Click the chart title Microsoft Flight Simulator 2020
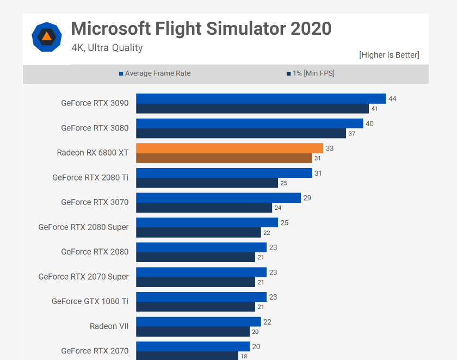pos(201,28)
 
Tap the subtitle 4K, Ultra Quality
pos(107,48)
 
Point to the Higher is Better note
pos(389,55)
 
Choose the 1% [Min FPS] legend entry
pos(310,73)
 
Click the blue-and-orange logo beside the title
pos(47,37)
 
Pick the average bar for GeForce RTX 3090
pos(261,98)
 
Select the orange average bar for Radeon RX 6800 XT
pos(229,148)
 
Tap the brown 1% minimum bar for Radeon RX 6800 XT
pos(224,158)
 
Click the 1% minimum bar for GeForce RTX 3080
pos(240,133)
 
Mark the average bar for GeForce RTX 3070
pos(218,197)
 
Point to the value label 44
pos(392,98)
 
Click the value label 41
pos(374,109)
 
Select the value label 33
pos(329,148)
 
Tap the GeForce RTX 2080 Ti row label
pos(90,177)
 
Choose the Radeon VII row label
pos(109,326)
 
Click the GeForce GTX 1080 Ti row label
pos(90,301)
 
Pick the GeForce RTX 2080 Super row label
pos(83,227)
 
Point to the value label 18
pos(243,356)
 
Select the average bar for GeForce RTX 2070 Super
pos(201,272)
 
